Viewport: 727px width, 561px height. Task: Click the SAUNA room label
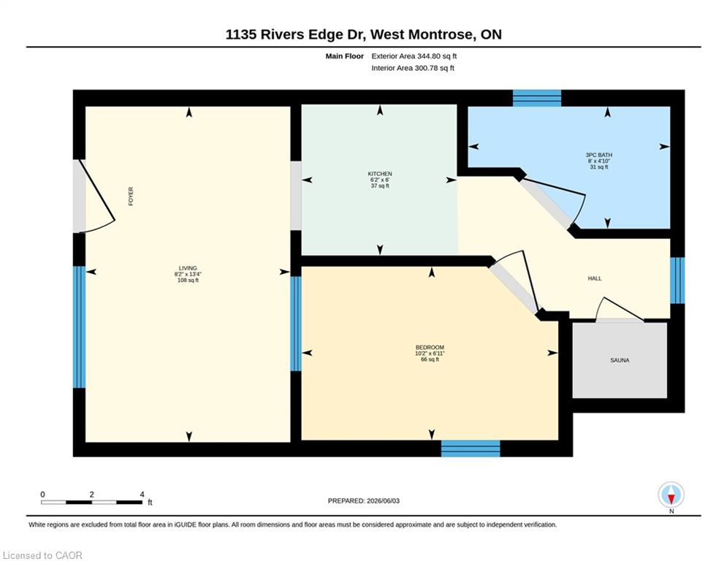[x=620, y=360]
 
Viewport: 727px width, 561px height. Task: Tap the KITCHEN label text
[x=380, y=174]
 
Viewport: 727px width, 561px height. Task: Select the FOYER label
[x=131, y=196]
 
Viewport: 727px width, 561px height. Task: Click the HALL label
[x=595, y=278]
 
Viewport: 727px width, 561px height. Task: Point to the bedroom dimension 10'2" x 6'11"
[x=430, y=354]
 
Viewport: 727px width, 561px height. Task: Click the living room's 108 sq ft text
[x=188, y=280]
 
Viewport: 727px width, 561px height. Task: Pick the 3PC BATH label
[x=598, y=155]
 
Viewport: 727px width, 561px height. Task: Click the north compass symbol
[x=671, y=495]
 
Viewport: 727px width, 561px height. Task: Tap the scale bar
[x=91, y=502]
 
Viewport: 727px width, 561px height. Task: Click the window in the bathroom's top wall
[x=537, y=99]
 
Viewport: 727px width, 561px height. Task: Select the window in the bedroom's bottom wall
[x=470, y=449]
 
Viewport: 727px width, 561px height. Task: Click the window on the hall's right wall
[x=677, y=280]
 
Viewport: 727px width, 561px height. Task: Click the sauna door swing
[x=619, y=308]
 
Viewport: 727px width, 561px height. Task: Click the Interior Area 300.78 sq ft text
[x=413, y=68]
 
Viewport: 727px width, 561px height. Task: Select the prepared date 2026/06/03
[x=383, y=500]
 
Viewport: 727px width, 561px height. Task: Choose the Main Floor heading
[x=344, y=56]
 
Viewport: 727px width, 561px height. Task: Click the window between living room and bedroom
[x=296, y=324]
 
